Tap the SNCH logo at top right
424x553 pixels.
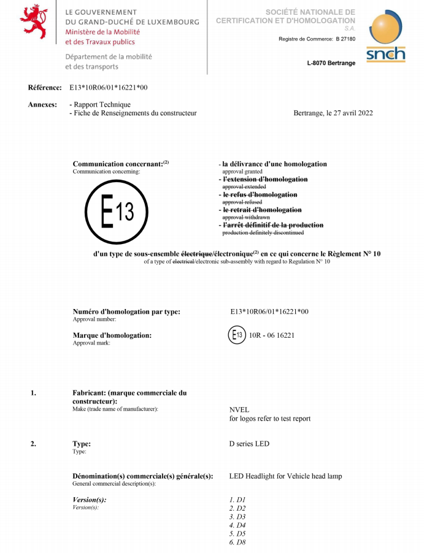click(x=386, y=36)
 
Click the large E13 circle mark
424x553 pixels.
click(x=117, y=212)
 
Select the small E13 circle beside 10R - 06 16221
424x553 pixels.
click(x=237, y=335)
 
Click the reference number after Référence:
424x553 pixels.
click(x=108, y=88)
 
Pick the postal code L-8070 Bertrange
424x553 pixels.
click(x=331, y=63)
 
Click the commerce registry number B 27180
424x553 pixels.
click(x=345, y=39)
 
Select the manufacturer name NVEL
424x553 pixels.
click(x=239, y=410)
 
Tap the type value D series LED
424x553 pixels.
click(x=249, y=444)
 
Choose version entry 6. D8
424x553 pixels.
click(x=237, y=543)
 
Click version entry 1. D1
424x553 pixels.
click(x=237, y=500)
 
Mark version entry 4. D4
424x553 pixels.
click(x=237, y=525)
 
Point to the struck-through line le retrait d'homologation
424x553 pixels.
click(x=262, y=210)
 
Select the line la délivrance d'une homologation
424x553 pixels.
click(x=274, y=164)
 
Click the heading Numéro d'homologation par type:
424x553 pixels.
click(x=126, y=311)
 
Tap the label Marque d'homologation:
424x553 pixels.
click(x=112, y=335)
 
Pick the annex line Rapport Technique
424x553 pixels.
click(x=102, y=105)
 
